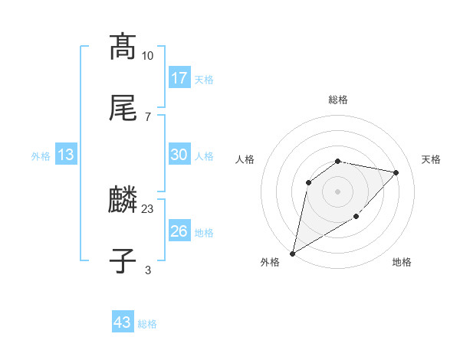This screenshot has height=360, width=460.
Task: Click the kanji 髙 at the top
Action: [123, 47]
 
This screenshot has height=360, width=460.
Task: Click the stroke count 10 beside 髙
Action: [148, 56]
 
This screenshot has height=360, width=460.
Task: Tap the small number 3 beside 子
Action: [148, 270]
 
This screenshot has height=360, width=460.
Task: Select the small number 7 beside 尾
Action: [148, 116]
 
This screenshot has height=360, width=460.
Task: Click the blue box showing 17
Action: [179, 78]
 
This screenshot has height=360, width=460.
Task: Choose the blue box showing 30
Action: [179, 155]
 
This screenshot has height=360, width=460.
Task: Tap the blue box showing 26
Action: [179, 231]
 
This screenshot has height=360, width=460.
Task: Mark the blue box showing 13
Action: [66, 155]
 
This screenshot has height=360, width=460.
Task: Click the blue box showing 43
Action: [123, 322]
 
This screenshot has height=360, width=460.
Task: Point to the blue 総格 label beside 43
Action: [147, 324]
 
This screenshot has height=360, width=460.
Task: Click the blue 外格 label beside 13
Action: [41, 156]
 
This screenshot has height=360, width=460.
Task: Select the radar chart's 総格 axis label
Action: [338, 100]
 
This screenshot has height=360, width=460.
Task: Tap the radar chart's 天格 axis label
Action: [432, 159]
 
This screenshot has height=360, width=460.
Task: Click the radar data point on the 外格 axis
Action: [292, 253]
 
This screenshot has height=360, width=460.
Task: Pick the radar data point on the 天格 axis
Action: [396, 172]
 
